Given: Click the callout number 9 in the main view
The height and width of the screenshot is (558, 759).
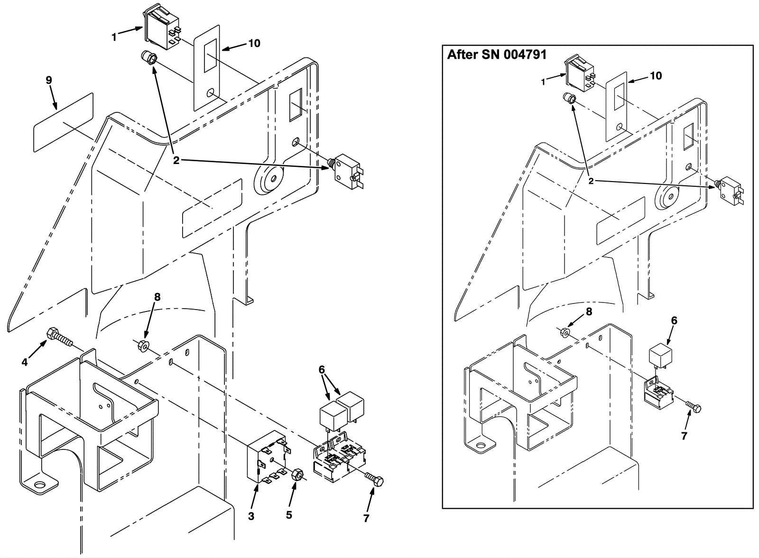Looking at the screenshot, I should (49, 80).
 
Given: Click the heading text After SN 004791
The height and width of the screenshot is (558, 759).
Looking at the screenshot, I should (497, 55).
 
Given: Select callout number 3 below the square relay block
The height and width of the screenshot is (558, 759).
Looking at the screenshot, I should (251, 516).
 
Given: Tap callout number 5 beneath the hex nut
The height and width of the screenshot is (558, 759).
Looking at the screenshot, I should (289, 515).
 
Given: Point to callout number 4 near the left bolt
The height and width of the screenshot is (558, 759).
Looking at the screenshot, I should (25, 363).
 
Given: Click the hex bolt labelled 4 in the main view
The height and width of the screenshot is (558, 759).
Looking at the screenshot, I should (59, 337).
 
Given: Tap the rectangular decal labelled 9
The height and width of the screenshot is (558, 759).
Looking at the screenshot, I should (63, 123).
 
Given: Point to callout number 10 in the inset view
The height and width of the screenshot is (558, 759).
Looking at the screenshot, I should (656, 76).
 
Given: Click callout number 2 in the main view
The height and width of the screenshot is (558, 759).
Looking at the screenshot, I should (176, 161).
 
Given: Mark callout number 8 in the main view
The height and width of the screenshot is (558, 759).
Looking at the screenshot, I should (157, 297).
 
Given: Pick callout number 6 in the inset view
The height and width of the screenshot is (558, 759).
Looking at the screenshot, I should (674, 321).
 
